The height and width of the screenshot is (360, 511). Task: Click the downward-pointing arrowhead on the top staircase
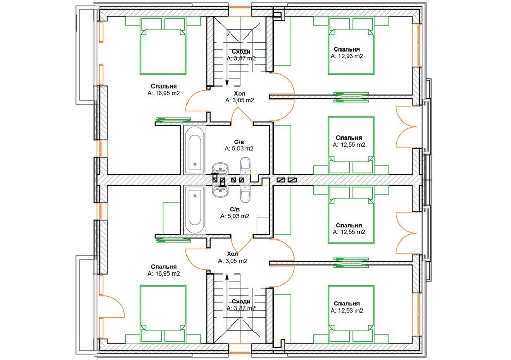[227, 84]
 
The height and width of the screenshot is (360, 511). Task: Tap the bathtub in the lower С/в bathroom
[195, 210]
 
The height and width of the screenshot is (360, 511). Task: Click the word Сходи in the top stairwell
[241, 52]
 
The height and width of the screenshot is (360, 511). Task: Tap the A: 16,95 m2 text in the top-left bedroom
[164, 93]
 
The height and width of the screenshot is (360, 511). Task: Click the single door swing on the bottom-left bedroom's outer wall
[113, 306]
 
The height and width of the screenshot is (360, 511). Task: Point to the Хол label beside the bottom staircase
[233, 254]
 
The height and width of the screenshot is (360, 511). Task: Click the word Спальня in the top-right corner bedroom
[347, 49]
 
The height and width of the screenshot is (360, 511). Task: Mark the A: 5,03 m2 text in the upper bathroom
[239, 148]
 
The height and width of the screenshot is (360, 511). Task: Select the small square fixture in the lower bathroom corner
[262, 225]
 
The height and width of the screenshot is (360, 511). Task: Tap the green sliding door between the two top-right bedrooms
[351, 97]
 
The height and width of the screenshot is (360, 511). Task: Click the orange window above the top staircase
[240, 7]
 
